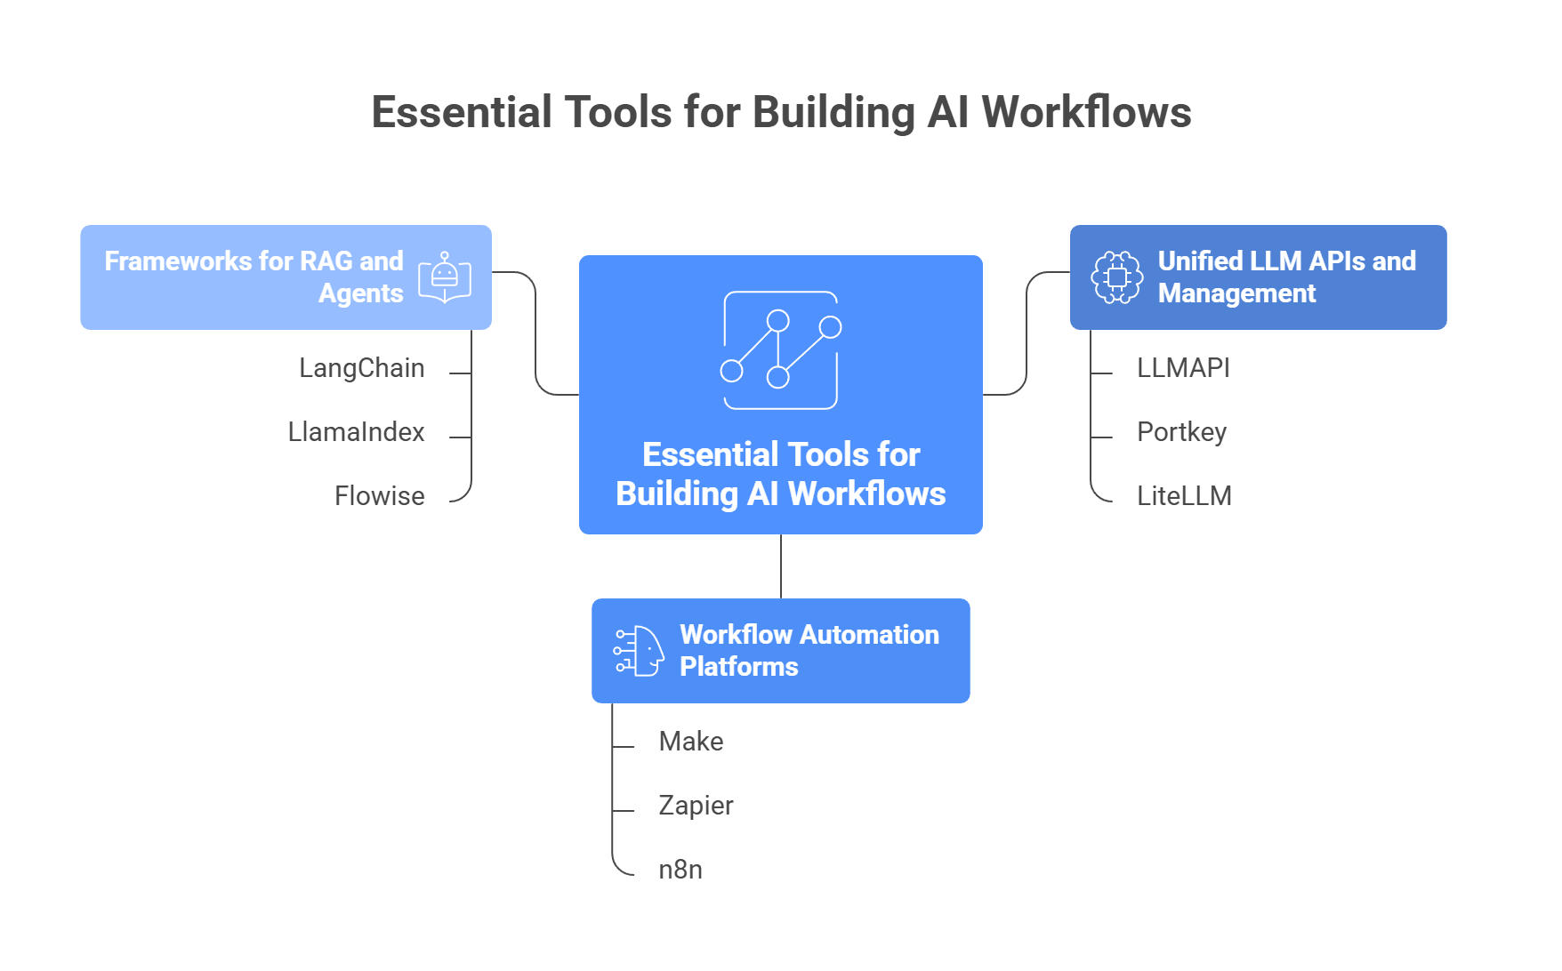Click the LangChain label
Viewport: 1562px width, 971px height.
coord(361,368)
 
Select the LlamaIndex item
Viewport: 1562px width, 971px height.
coord(356,432)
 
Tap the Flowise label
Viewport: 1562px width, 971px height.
coord(379,496)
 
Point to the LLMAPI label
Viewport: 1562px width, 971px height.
coord(1183,368)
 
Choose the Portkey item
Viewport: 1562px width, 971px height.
coord(1181,432)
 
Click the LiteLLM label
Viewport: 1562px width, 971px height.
coord(1184,496)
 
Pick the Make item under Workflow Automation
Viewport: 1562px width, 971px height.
coord(690,742)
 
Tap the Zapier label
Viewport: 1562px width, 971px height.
coord(696,806)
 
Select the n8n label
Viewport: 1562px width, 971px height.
coord(680,870)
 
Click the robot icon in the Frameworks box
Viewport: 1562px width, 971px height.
coord(445,277)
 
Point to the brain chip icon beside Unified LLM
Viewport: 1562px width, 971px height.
coord(1117,277)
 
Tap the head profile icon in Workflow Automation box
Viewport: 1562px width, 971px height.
coord(639,651)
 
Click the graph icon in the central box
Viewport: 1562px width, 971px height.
coord(780,350)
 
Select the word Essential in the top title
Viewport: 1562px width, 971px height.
coord(463,113)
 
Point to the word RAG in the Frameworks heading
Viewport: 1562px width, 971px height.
coord(326,261)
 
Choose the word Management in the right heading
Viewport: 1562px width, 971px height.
coord(1236,293)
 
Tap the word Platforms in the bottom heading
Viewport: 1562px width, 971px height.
coord(738,667)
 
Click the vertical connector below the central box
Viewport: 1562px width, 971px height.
coord(781,566)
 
